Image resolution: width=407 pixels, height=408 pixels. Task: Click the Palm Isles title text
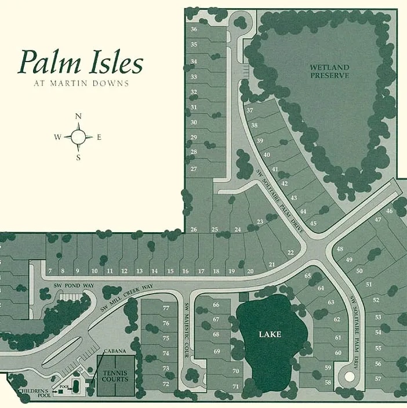pos(81,62)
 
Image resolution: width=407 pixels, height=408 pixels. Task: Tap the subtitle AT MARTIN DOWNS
pos(81,83)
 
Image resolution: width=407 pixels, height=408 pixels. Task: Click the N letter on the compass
pos(78,117)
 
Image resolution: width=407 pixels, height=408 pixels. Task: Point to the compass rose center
pos(78,137)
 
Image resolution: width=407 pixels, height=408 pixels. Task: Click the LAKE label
pos(270,334)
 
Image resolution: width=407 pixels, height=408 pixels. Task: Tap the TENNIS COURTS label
pos(116,376)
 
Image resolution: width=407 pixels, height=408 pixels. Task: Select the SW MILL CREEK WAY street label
pos(127,298)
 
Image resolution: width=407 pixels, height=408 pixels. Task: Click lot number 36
pos(194,29)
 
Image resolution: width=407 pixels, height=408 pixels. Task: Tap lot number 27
pos(194,169)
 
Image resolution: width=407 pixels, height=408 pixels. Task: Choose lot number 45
pos(314,223)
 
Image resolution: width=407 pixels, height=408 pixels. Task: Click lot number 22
pos(290,252)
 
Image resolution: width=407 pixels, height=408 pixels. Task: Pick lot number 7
pos(50,271)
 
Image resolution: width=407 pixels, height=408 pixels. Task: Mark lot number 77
pos(166,308)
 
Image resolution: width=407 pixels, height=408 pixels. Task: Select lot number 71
pos(235,386)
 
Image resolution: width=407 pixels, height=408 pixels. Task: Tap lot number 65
pos(307,276)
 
